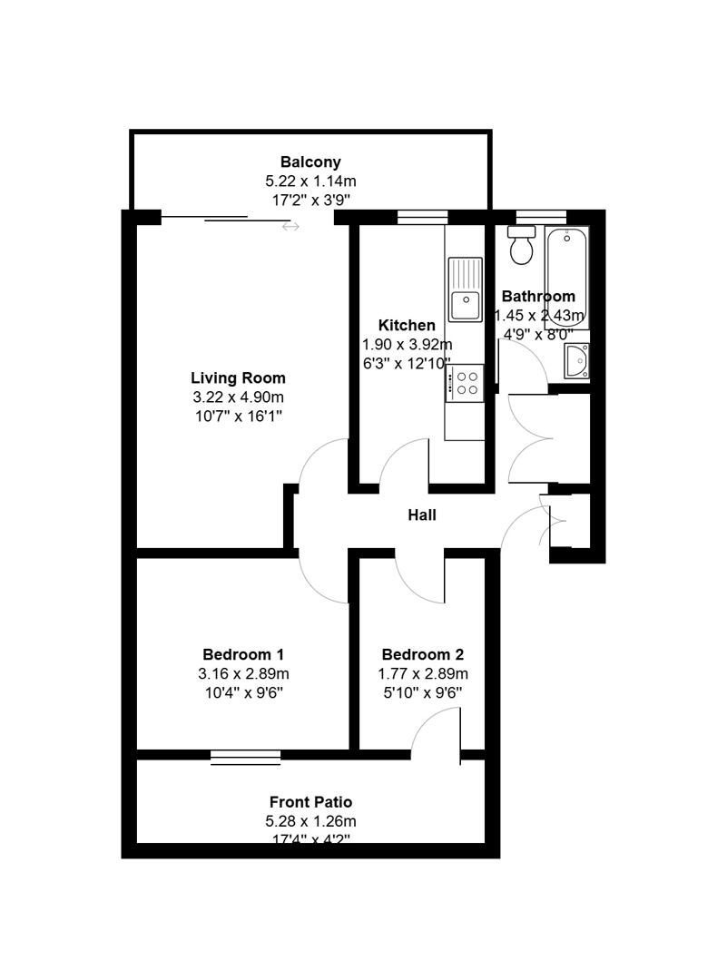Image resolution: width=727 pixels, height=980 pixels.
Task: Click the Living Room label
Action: pyautogui.click(x=238, y=378)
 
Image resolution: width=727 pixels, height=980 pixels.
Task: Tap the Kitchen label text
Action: pyautogui.click(x=407, y=325)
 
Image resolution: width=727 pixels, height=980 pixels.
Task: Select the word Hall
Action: pyautogui.click(x=422, y=515)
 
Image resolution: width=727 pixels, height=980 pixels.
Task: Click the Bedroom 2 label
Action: pyautogui.click(x=423, y=654)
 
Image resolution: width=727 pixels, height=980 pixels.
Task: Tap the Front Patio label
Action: pyautogui.click(x=310, y=802)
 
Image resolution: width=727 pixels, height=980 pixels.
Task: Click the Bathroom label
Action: pyautogui.click(x=538, y=296)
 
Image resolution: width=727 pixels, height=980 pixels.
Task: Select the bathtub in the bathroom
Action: pyautogui.click(x=567, y=277)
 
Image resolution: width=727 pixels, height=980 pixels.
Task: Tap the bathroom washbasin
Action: pyautogui.click(x=576, y=362)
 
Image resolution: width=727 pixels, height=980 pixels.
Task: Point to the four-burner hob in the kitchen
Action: pyautogui.click(x=468, y=381)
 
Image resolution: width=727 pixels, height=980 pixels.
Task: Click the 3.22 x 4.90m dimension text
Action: pyautogui.click(x=238, y=397)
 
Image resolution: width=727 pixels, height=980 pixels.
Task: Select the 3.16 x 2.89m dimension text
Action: pyautogui.click(x=243, y=673)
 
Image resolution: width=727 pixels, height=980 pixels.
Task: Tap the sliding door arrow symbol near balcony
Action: pyautogui.click(x=290, y=226)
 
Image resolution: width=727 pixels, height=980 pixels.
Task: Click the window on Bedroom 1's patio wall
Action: pyautogui.click(x=245, y=756)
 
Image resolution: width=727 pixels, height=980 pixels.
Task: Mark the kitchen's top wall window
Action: pyautogui.click(x=423, y=216)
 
